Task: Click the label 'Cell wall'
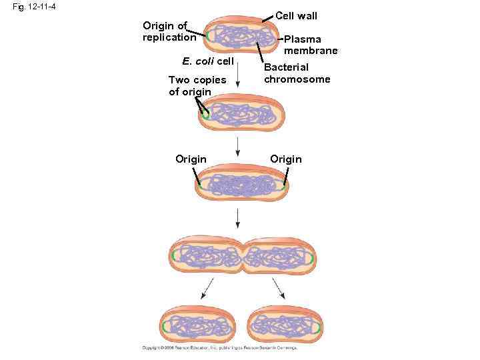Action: [296, 15]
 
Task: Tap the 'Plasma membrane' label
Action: [311, 45]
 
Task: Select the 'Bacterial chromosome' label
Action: [297, 73]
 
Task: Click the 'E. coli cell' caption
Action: [207, 61]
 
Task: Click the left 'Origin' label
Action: [191, 159]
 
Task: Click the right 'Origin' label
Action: [286, 159]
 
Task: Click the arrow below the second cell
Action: [239, 149]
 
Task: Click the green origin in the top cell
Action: [209, 36]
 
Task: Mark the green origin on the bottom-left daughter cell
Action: [164, 327]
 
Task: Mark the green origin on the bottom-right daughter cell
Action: [319, 327]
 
